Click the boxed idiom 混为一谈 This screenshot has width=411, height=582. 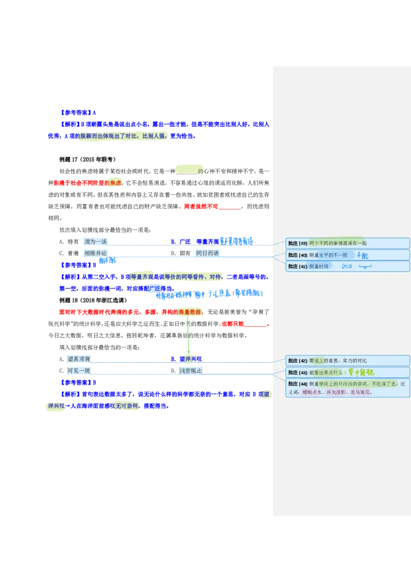tap(96, 242)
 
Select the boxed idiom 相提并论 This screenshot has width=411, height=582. tap(96, 253)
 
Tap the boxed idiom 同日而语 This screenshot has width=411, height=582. tap(208, 253)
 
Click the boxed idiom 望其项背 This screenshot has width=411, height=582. tap(79, 359)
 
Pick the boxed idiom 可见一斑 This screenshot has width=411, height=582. tap(79, 371)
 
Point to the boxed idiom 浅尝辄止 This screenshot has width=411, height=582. tap(191, 371)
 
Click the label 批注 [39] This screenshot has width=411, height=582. tap(297, 243)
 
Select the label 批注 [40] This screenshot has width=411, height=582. tap(297, 255)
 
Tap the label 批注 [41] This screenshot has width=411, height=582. tap(297, 266)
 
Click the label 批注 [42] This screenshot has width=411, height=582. tap(297, 361)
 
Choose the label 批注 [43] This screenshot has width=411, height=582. tap(297, 373)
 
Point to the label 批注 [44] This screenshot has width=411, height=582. tap(297, 384)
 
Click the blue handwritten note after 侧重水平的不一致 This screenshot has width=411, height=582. tap(363, 255)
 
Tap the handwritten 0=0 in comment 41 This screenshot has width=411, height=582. tap(347, 266)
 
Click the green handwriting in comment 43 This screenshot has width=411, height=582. tap(361, 373)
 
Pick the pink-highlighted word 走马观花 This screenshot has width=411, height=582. tap(360, 392)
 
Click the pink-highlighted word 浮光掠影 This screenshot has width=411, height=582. tap(337, 392)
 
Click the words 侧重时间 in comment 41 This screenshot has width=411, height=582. tap(319, 266)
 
